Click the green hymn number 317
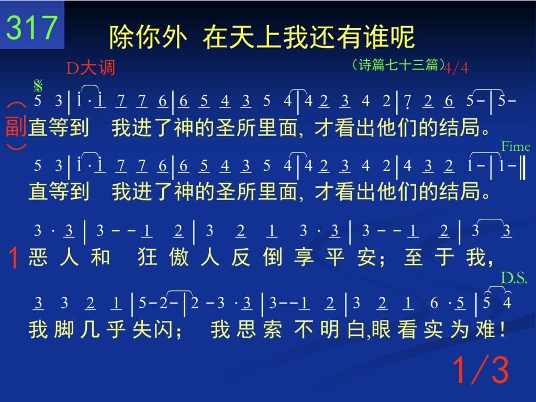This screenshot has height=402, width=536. click(32, 27)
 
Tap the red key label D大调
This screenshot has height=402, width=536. click(91, 68)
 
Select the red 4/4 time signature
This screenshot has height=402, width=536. click(456, 68)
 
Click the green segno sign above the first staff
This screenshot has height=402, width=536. click(38, 85)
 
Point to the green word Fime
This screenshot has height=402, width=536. click(516, 147)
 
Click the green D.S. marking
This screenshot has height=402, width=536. click(514, 278)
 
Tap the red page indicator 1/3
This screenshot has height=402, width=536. click(481, 370)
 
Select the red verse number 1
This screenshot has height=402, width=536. click(14, 258)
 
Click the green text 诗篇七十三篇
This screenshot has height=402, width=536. click(398, 64)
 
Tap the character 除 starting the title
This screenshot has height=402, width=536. click(121, 37)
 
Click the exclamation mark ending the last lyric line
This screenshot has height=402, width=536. click(501, 330)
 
